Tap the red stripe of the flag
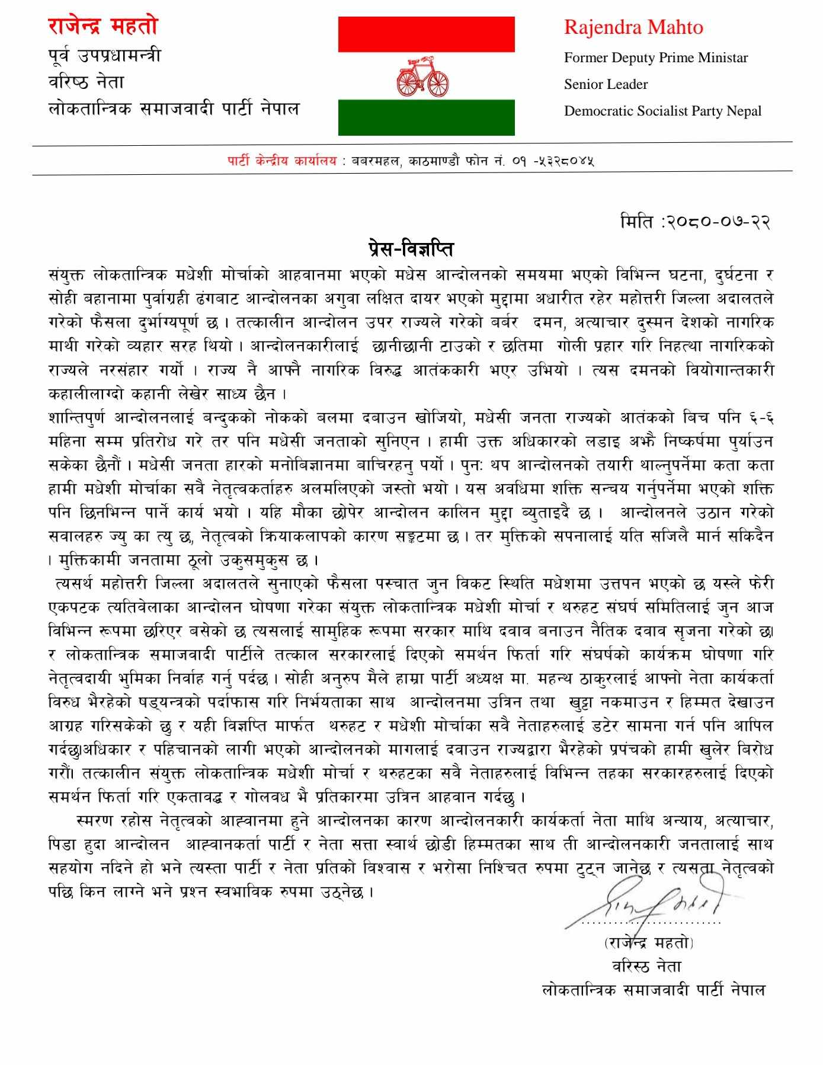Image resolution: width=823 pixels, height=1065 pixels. click(426, 34)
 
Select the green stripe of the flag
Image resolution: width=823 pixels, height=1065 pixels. click(426, 117)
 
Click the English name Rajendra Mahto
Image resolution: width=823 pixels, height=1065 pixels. click(633, 27)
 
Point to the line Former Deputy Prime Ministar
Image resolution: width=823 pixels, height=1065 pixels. click(655, 57)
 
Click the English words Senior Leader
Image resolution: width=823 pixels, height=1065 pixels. click(606, 84)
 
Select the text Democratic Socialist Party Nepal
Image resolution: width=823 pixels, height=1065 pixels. click(662, 111)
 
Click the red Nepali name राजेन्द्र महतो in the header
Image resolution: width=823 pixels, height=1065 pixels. click(103, 26)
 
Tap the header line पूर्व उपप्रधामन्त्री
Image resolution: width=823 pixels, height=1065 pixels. click(104, 56)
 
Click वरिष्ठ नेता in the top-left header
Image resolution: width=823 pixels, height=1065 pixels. click(87, 82)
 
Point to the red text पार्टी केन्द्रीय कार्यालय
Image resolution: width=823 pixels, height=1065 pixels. click(281, 161)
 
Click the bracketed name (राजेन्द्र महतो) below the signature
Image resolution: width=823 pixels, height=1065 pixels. click(648, 942)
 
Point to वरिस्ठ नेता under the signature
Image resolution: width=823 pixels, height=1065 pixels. click(647, 966)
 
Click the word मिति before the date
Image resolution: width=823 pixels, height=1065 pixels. click(636, 222)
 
